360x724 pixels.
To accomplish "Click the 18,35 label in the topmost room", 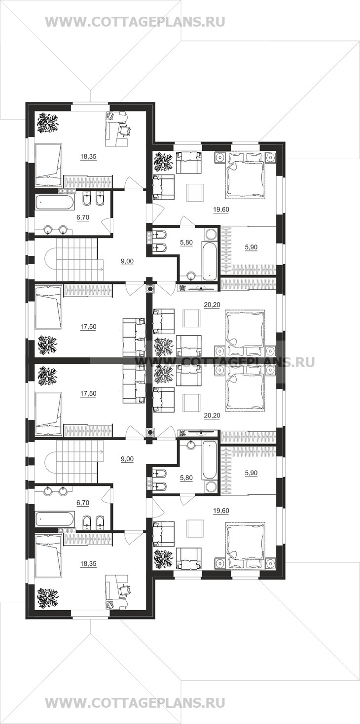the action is [x=88, y=157].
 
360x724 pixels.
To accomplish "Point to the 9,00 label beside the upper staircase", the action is [x=127, y=262].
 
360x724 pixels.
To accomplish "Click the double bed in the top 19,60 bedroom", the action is [x=245, y=175].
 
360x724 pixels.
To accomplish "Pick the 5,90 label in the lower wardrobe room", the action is [x=252, y=473].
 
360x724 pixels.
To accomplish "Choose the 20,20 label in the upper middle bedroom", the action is [x=212, y=305].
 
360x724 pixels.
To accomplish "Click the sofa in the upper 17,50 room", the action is [x=134, y=338].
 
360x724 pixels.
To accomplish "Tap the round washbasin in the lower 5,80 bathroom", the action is [x=191, y=445].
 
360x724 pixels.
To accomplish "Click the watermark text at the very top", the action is [x=135, y=22].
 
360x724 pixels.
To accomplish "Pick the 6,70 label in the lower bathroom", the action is [x=83, y=503].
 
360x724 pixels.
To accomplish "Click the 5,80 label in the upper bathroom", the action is [x=186, y=242].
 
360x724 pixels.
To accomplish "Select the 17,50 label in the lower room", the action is [x=88, y=394].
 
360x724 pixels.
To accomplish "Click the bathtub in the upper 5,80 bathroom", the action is [x=210, y=261].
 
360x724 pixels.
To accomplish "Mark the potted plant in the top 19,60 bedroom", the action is [x=163, y=163].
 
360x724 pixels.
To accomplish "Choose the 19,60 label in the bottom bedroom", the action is [x=221, y=511].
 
